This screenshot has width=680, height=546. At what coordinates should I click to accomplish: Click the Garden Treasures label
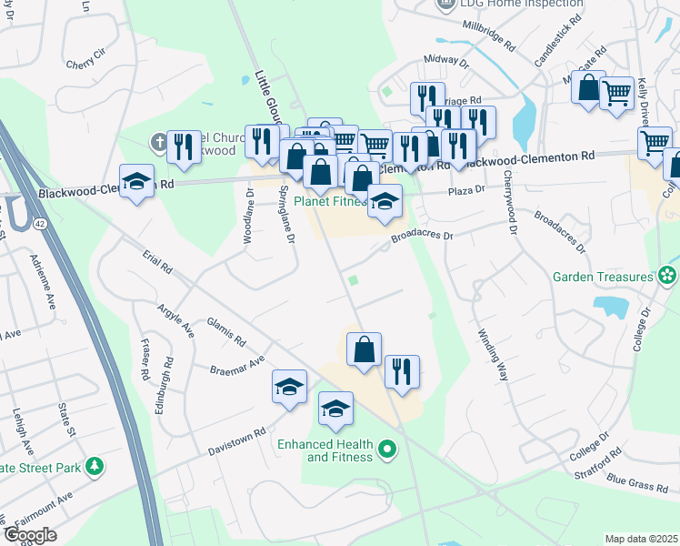pyautogui.click(x=603, y=277)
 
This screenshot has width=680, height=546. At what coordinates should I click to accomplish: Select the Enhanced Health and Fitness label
pyautogui.click(x=327, y=450)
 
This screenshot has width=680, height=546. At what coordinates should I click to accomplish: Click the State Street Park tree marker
pyautogui.click(x=94, y=468)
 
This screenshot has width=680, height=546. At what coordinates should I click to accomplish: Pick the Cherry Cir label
pyautogui.click(x=87, y=65)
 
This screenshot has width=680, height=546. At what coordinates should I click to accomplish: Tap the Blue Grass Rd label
pyautogui.click(x=636, y=483)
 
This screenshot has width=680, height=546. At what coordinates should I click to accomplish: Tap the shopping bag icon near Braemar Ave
pyautogui.click(x=364, y=349)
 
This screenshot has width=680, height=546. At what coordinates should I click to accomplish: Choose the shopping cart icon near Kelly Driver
pyautogui.click(x=616, y=92)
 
